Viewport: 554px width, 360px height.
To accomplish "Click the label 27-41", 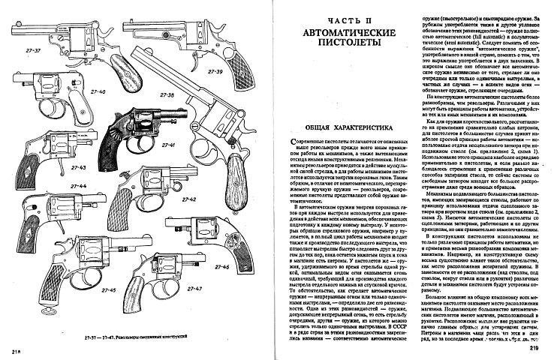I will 167,143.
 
